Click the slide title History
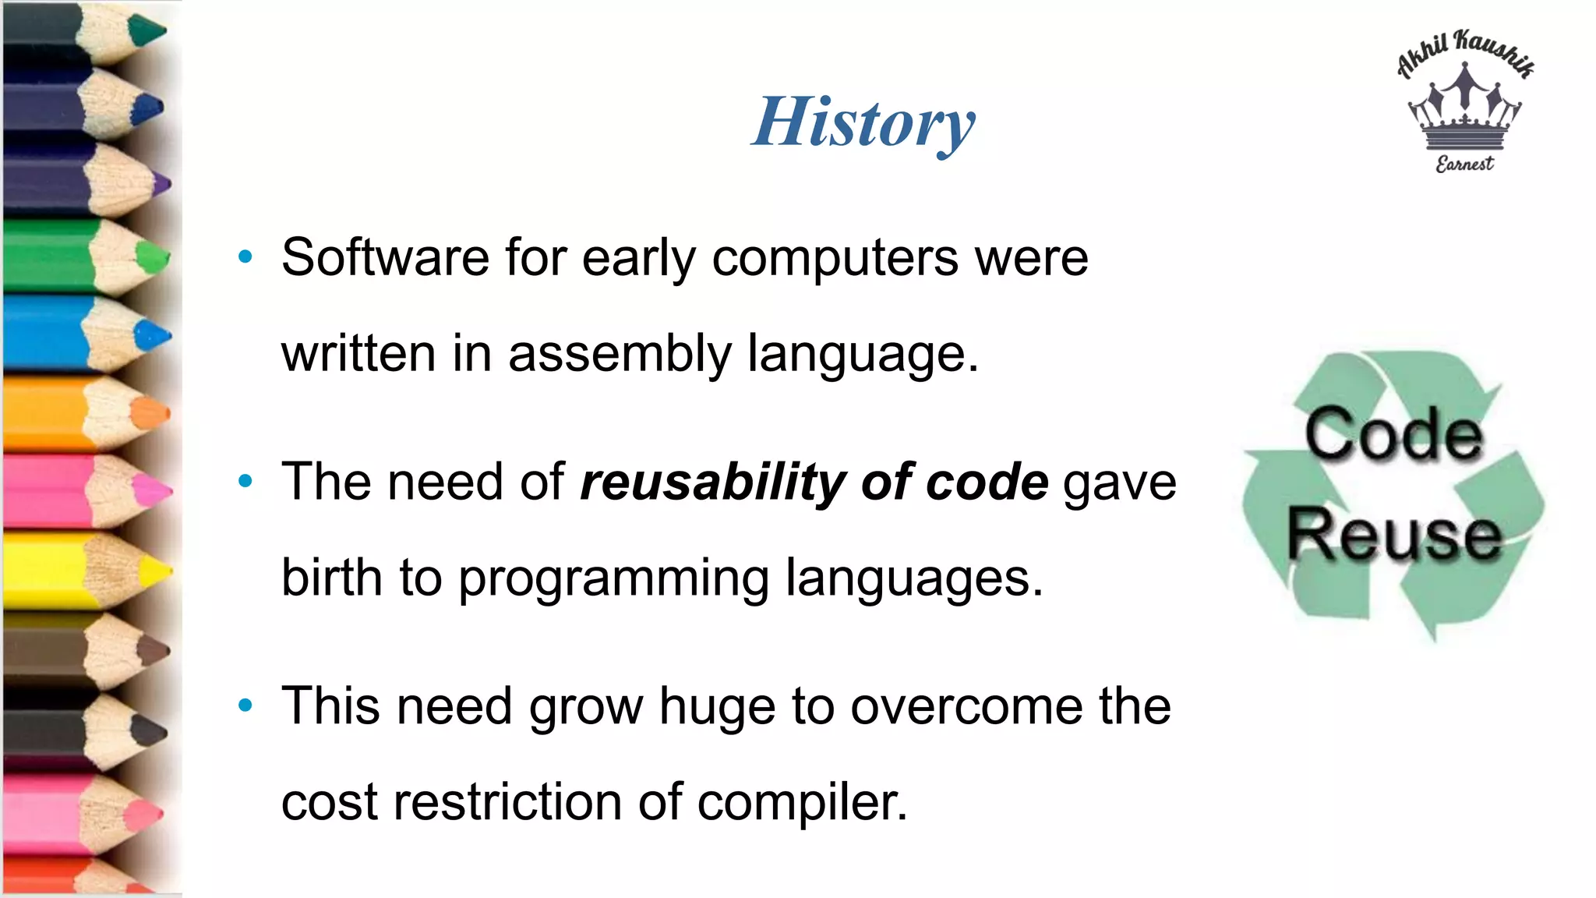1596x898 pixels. click(x=863, y=122)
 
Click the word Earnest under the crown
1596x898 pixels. click(x=1464, y=164)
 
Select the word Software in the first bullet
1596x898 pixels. click(x=385, y=257)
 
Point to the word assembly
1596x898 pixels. click(x=620, y=354)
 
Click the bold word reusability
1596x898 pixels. click(x=712, y=482)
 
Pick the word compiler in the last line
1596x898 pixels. click(x=802, y=802)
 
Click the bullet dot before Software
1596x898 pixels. click(x=245, y=256)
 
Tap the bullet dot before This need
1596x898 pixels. click(x=245, y=705)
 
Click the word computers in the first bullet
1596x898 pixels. click(x=835, y=257)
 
